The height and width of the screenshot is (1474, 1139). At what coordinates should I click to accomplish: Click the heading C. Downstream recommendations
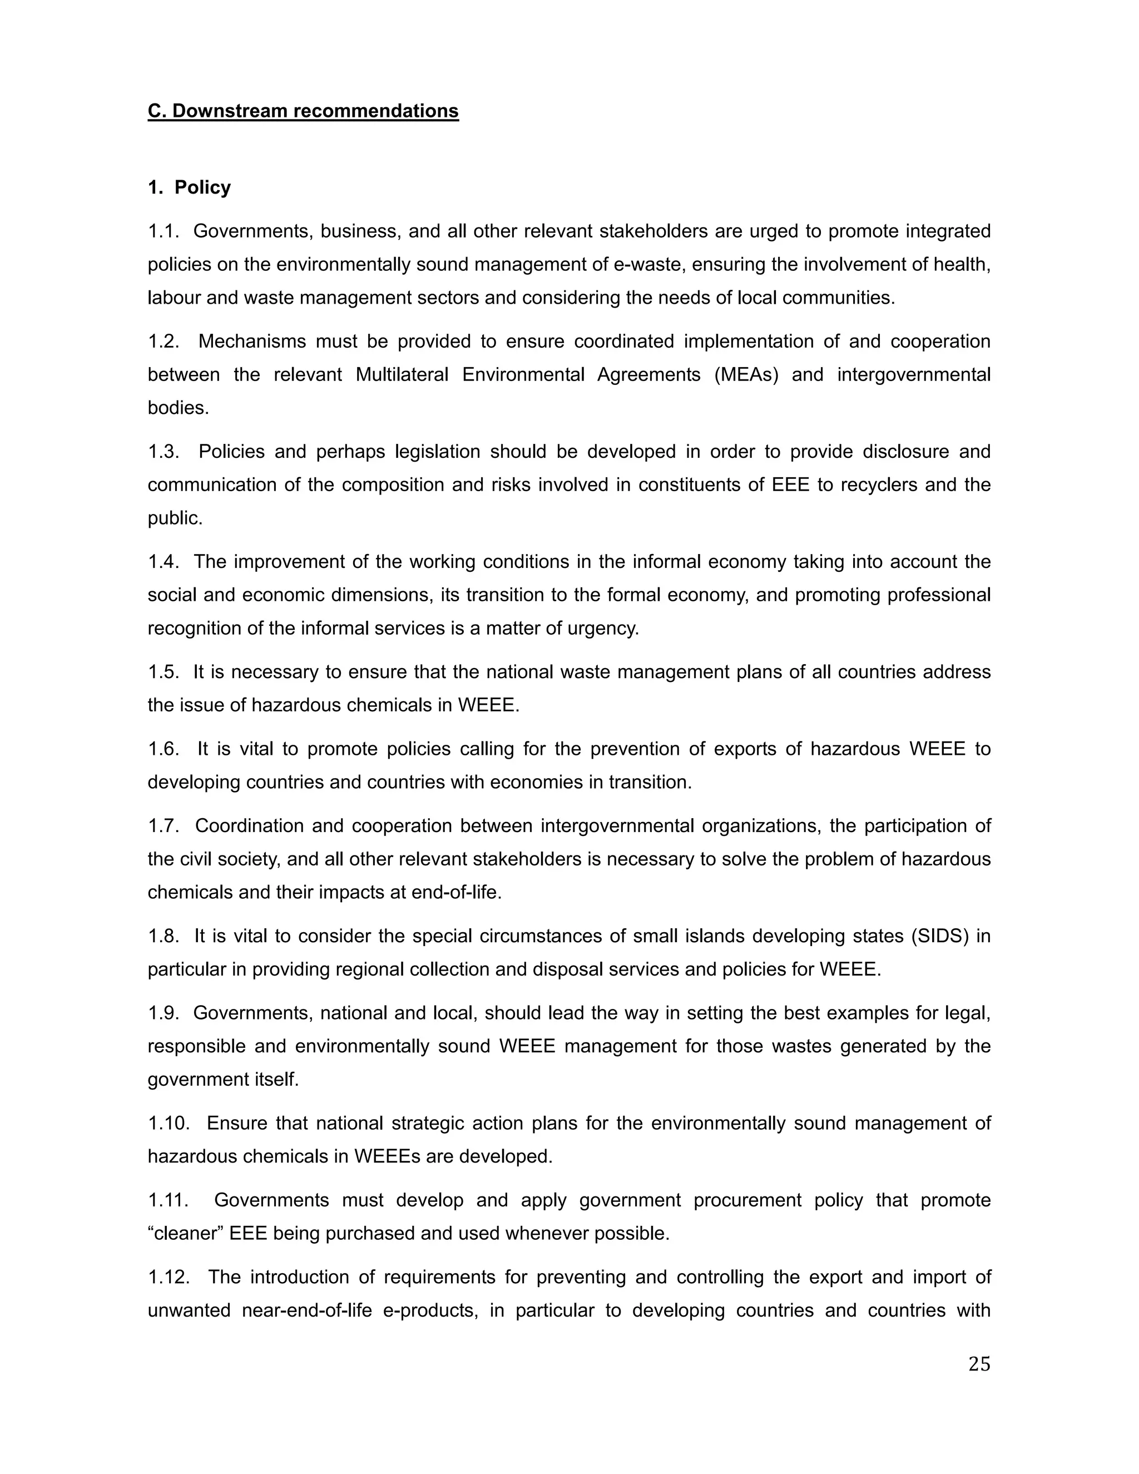click(303, 111)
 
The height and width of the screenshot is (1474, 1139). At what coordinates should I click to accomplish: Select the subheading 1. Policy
click(189, 187)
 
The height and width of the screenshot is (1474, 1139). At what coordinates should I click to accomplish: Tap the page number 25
click(979, 1364)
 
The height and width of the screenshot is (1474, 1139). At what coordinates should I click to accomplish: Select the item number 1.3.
click(164, 451)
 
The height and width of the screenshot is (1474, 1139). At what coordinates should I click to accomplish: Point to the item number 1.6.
click(164, 749)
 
